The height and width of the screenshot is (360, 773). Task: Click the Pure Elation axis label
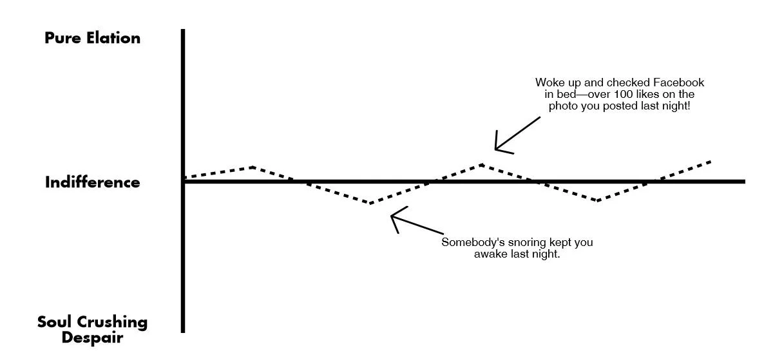92,38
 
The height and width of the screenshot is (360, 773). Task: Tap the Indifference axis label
92,182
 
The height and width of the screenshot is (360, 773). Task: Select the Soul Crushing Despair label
92,328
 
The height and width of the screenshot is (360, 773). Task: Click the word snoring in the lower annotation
520,243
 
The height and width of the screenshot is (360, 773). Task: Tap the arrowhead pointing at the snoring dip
394,216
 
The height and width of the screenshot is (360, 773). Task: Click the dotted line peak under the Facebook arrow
481,165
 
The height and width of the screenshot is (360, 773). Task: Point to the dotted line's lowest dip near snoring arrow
371,204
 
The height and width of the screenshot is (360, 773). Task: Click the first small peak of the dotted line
253,167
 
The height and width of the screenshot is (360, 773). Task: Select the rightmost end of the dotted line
711,161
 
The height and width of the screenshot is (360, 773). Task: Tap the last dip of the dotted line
598,201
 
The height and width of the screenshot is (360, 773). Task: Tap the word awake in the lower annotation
491,254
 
